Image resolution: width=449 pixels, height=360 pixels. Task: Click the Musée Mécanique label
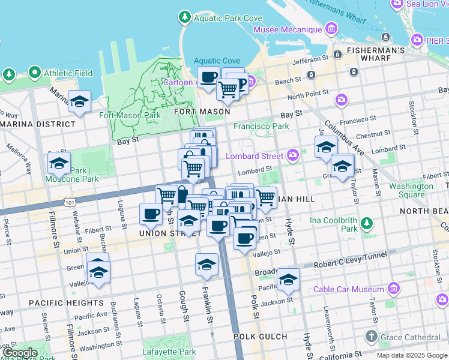288,29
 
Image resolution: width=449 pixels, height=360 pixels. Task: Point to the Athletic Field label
67,73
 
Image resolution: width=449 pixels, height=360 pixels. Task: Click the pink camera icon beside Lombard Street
292,156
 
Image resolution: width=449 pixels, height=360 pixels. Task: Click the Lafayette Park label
169,352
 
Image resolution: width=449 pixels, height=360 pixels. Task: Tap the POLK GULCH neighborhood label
261,337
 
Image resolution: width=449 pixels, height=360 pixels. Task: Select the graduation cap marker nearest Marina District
79,103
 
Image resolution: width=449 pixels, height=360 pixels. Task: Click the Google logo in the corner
20,353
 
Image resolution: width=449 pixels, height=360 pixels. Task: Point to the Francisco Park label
261,126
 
